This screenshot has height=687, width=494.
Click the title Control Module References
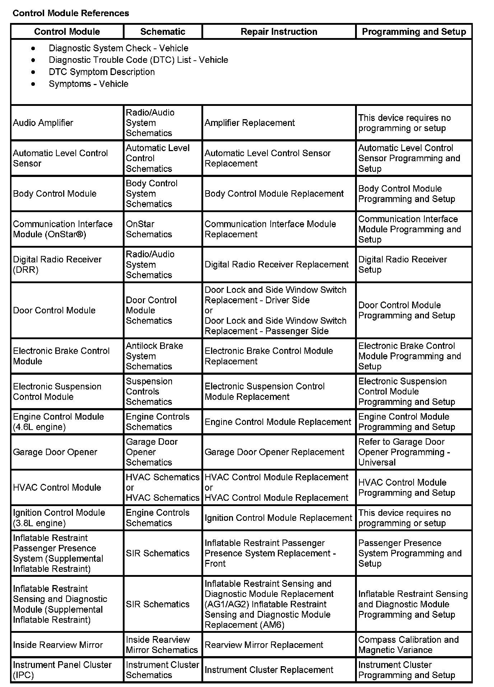point(71,13)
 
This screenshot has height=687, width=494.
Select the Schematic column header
point(163,32)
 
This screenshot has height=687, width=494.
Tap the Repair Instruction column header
point(279,32)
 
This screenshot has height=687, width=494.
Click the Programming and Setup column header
point(414,32)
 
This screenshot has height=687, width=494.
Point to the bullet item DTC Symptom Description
point(102,72)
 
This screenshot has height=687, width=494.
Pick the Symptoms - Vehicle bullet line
point(88,84)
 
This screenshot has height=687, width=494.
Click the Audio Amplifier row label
point(43,123)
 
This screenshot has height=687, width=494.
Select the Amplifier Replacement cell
point(250,123)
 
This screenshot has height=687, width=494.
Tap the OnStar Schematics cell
point(149,229)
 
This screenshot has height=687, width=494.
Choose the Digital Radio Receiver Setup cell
point(402,265)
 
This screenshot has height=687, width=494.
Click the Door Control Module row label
point(54,310)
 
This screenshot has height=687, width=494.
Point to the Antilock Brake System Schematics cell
point(154,356)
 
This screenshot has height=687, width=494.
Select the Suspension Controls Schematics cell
point(149,391)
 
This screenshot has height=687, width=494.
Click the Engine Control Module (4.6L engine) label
point(58,422)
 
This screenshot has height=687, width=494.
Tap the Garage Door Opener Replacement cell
point(274,452)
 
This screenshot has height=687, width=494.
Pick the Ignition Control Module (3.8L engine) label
point(59,518)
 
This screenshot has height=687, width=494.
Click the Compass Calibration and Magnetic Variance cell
point(408,645)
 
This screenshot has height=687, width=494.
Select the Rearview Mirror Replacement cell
point(264,645)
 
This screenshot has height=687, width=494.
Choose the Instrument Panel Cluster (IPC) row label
point(62,670)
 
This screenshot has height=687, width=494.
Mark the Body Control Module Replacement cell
point(274,193)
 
